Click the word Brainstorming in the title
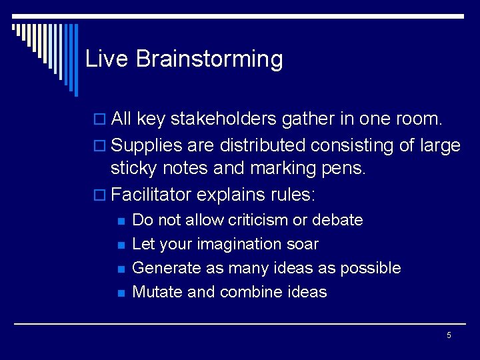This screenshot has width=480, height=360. [x=209, y=59]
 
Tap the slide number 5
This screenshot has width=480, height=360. [x=449, y=335]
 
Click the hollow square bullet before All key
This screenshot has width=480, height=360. [x=101, y=120]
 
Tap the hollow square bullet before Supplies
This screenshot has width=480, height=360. [x=101, y=145]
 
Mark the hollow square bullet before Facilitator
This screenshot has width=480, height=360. [x=101, y=196]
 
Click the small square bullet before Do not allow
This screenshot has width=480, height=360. [x=121, y=221]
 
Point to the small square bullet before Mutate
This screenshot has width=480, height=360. [x=121, y=293]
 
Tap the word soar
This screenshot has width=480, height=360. [x=303, y=245]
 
